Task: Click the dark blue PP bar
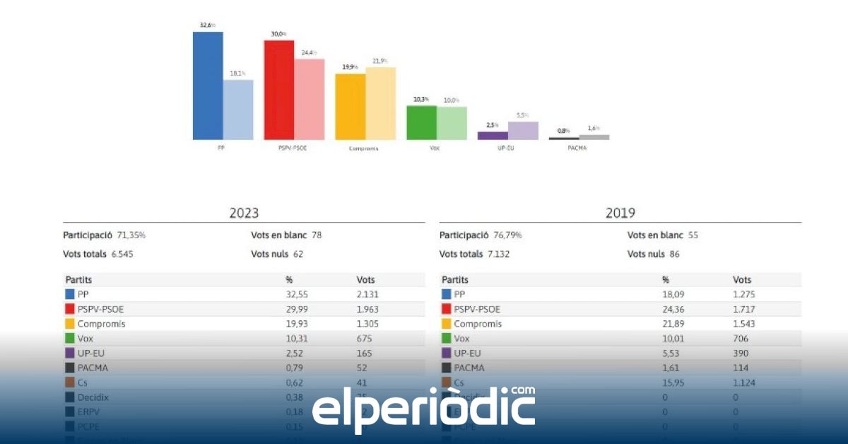click(208, 86)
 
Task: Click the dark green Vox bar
click(421, 123)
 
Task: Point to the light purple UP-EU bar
click(523, 131)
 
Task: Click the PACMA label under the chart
click(577, 148)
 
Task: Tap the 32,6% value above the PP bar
click(208, 25)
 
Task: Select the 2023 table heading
click(244, 213)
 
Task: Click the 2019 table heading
click(620, 213)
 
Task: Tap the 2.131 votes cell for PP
click(370, 294)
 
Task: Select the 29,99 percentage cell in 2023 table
click(297, 309)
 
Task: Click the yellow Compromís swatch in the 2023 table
click(70, 324)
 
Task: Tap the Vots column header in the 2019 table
click(742, 280)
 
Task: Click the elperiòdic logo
click(423, 409)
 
